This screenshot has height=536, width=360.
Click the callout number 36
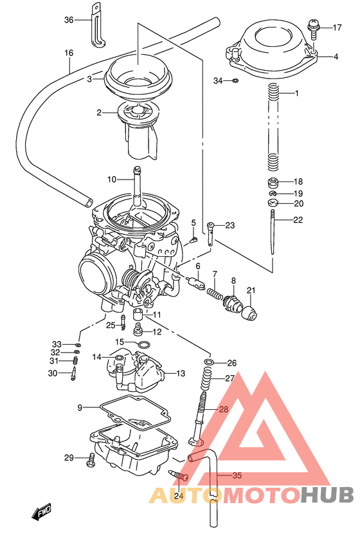(69, 20)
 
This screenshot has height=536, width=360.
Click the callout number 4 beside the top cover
(336, 57)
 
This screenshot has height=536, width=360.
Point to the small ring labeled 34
(235, 81)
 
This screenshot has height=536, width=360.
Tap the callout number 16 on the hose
(69, 52)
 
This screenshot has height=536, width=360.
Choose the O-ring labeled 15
(145, 345)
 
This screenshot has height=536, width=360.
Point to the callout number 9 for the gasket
(80, 407)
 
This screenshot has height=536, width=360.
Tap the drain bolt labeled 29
(91, 459)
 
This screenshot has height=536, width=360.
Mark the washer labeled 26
(208, 363)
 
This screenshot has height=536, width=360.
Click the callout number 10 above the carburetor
(111, 179)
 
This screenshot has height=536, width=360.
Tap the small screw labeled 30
(75, 369)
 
